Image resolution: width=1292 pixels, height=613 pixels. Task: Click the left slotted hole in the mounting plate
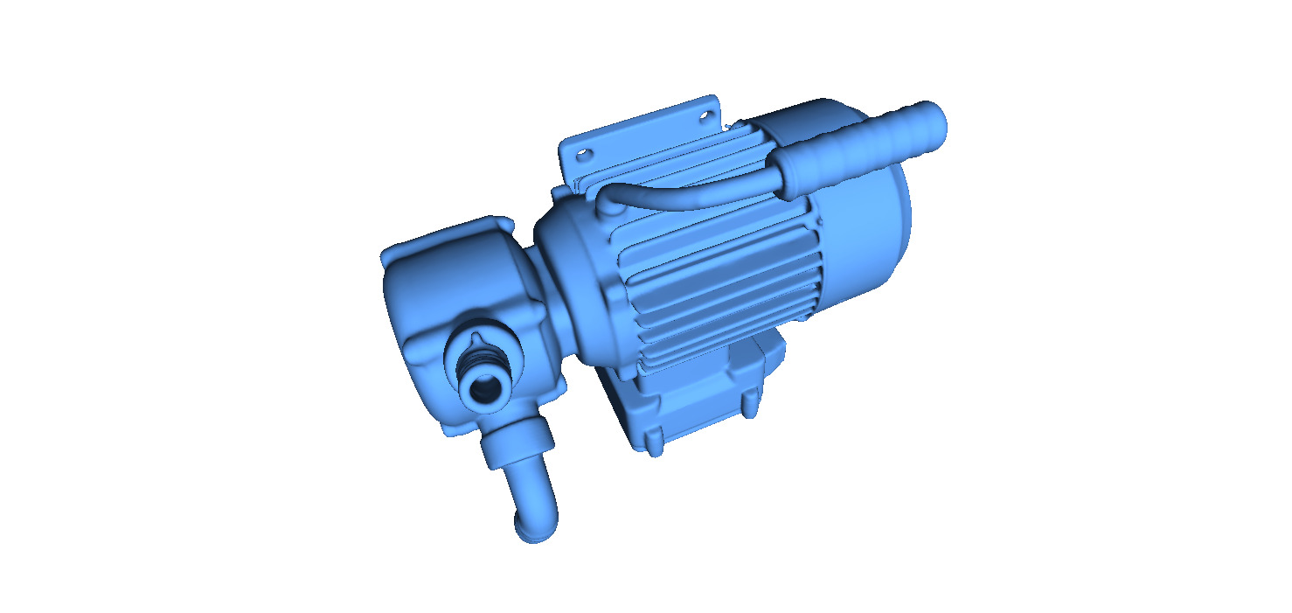[x=583, y=154]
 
